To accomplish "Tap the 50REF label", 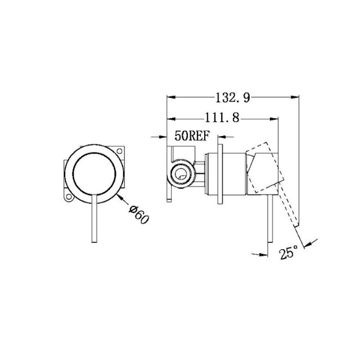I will click(192, 136).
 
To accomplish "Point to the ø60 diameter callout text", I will click(138, 214).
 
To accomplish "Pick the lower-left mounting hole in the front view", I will click(69, 197).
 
